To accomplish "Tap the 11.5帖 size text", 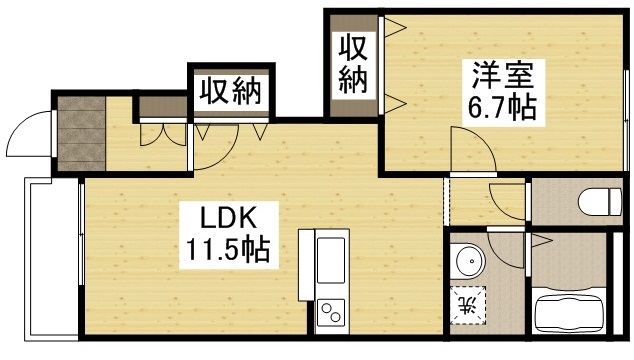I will click(x=224, y=249).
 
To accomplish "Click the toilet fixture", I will click(x=599, y=201).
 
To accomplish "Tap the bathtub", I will click(x=575, y=311).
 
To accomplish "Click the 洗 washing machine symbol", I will click(x=467, y=303).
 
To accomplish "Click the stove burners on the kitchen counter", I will click(x=330, y=314).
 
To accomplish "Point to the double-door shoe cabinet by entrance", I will click(x=159, y=129).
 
